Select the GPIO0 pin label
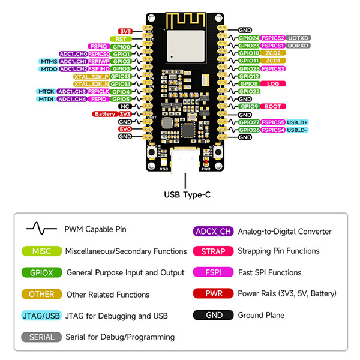point(122,46)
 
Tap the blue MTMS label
point(49,61)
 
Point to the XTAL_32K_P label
point(91,76)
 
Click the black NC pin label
point(125,106)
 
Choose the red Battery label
point(104,114)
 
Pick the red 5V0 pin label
point(125,129)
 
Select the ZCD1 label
point(273,61)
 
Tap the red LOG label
point(273,83)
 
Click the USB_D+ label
point(298,122)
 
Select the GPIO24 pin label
point(248,38)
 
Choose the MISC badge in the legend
point(41,251)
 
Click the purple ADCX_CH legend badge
point(213,231)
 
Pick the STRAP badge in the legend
point(213,251)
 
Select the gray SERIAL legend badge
point(41,337)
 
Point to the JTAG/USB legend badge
point(41,316)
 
